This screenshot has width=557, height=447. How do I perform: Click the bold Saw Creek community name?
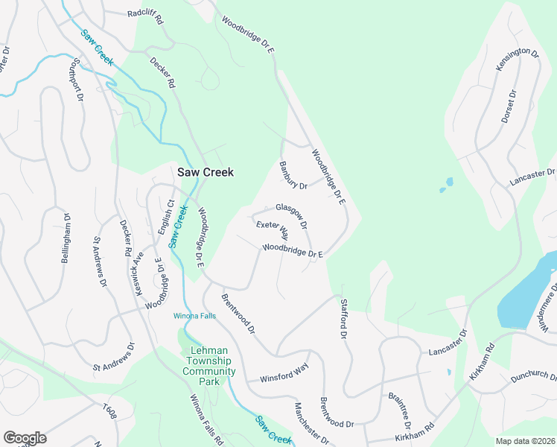point(205,172)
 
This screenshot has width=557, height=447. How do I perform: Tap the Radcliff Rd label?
point(145,13)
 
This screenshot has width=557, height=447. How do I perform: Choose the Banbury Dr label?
point(293,175)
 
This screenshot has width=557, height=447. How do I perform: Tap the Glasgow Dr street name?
point(291,215)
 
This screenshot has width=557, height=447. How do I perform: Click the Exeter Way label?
point(272,229)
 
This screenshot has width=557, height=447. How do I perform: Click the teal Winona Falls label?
point(194,316)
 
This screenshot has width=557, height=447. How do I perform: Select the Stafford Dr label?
point(343,320)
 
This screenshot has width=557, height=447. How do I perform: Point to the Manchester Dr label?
point(311,423)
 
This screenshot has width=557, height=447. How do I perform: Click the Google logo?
point(25,437)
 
